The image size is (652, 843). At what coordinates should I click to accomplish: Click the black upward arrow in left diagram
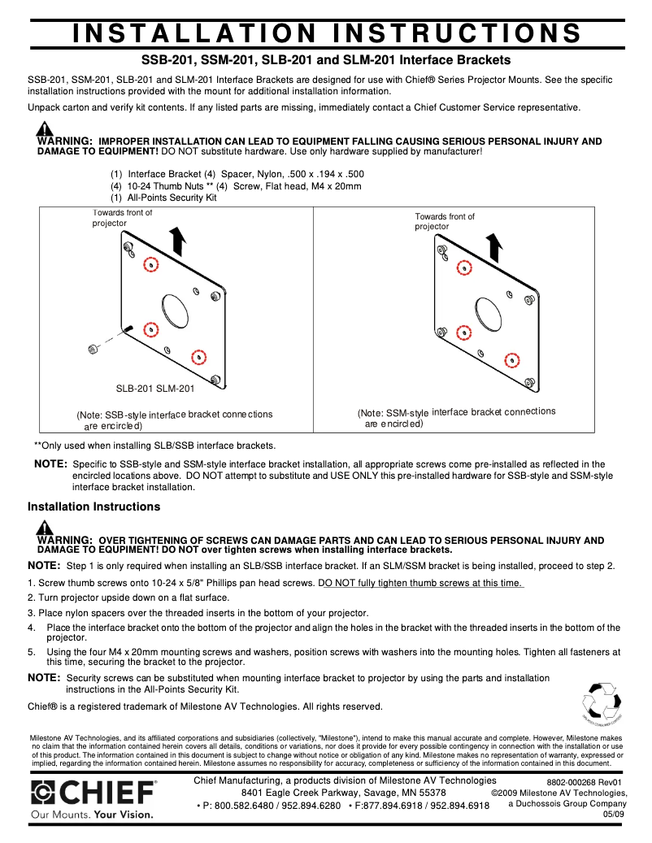[179, 241]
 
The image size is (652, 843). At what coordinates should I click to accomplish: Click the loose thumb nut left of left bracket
[93, 349]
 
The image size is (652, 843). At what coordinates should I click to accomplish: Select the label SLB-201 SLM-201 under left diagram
[154, 389]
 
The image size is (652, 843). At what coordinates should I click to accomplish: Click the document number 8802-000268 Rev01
[584, 782]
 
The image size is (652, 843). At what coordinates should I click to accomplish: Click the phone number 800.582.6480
[241, 806]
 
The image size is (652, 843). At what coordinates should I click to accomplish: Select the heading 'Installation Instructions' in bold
[93, 506]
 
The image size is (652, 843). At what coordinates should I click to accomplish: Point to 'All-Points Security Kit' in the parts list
[172, 198]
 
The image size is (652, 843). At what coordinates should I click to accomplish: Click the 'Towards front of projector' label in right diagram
[444, 221]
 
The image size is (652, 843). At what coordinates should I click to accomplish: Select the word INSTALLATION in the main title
[193, 33]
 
